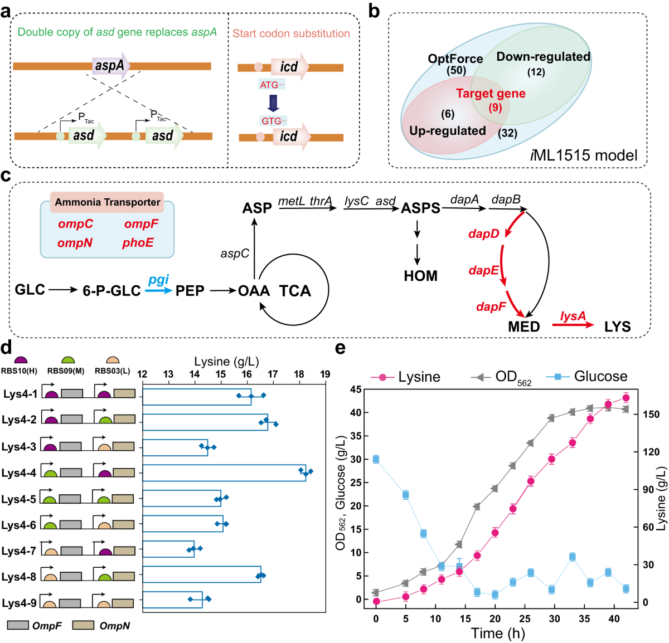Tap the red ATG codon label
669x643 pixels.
tap(271, 85)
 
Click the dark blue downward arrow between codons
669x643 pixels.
tap(273, 103)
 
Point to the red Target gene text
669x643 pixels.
tap(491, 94)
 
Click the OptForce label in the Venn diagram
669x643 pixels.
tap(455, 59)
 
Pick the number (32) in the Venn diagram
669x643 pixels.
tap(507, 133)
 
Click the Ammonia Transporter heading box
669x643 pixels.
tap(107, 202)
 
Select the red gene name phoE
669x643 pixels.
tap(138, 243)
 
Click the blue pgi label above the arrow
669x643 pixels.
tap(158, 280)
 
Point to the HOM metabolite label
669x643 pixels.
tap(420, 276)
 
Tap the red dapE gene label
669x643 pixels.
tap(483, 270)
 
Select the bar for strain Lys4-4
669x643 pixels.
tap(224, 472)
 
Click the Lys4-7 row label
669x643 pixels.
tap(18, 551)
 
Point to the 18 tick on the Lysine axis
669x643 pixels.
tap(299, 374)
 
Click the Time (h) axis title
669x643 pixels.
tap(497, 633)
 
